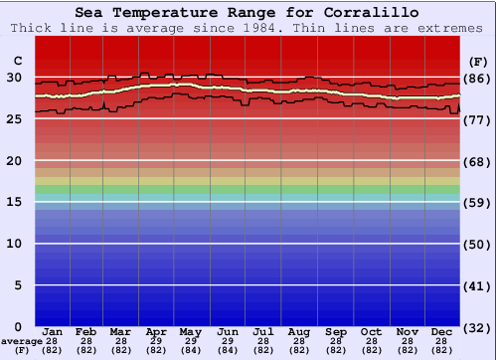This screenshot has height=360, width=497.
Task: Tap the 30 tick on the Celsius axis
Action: (x=14, y=78)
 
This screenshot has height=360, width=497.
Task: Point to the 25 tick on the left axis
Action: (x=14, y=119)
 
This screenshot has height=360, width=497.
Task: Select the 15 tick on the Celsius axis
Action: (x=14, y=202)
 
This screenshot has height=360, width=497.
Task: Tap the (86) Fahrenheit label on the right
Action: (x=478, y=79)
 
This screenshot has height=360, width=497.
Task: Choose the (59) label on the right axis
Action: (x=478, y=203)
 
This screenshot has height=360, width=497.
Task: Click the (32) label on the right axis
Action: (x=478, y=327)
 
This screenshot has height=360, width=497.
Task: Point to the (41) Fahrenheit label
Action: (x=478, y=286)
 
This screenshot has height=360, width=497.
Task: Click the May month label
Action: (x=190, y=331)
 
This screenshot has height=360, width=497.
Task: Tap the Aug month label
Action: (x=298, y=331)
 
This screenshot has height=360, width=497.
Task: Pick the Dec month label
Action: (x=441, y=331)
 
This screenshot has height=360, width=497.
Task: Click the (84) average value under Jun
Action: (x=227, y=350)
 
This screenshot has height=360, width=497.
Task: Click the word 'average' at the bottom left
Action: (x=21, y=341)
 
